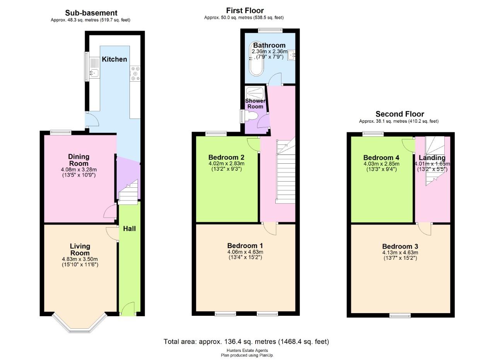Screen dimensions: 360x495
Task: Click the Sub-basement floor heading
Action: coord(91,13)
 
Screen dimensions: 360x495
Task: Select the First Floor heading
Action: coord(245,10)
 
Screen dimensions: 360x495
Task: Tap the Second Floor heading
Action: coord(399,114)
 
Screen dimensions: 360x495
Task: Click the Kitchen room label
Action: coord(114,59)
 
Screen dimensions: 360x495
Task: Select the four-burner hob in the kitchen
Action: coord(135,73)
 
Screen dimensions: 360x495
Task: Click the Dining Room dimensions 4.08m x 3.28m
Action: coord(79,170)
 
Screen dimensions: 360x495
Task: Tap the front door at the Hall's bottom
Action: coord(128,310)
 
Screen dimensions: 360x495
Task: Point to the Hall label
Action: coord(129,229)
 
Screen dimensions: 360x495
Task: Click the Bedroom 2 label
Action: coord(226,157)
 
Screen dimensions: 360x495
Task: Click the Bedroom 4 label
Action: coord(381,158)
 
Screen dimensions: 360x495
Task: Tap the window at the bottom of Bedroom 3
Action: coord(400,316)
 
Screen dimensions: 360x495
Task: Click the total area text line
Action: coord(246,341)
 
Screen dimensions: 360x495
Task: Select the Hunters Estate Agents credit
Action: coord(247,351)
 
